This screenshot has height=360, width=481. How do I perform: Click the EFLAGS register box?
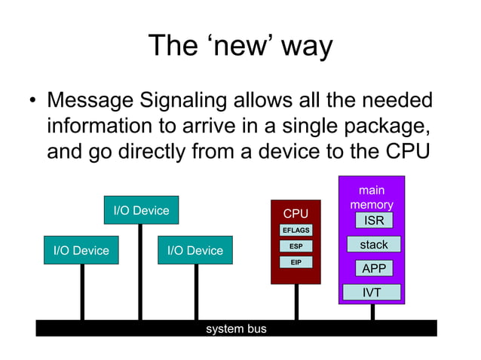[x=296, y=230]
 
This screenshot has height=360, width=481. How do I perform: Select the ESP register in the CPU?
[x=296, y=246]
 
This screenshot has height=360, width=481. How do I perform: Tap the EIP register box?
[x=296, y=261]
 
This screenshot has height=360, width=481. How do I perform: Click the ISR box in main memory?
[x=373, y=221]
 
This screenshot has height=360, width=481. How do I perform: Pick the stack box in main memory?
[x=373, y=245]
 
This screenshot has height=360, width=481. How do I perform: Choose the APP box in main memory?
[x=373, y=269]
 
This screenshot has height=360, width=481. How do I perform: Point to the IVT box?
[x=372, y=292]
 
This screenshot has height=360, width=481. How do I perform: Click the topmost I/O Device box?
[x=141, y=210]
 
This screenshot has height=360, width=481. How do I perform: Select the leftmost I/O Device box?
[x=81, y=250]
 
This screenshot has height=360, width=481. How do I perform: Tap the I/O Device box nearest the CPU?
[x=195, y=250]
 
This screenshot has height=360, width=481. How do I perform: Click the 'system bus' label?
[x=236, y=328]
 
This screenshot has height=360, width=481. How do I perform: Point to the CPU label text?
[x=296, y=214]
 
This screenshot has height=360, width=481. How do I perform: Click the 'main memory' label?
[x=372, y=197]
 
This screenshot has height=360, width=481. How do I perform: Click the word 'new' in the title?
[x=240, y=46]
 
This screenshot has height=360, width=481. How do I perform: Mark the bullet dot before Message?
[x=32, y=101]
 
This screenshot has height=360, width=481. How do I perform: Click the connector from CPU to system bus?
[x=296, y=301]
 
